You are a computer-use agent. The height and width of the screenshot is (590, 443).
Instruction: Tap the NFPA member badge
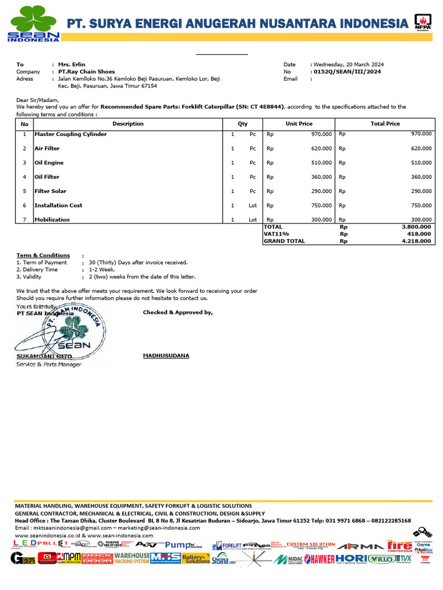click(422, 23)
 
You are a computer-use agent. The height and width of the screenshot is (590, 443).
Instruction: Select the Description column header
click(128, 124)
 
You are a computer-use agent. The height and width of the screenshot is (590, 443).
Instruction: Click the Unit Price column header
click(299, 124)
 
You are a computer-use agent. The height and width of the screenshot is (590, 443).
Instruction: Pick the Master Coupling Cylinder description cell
click(70, 134)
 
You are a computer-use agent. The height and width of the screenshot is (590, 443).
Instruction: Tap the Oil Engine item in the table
click(49, 162)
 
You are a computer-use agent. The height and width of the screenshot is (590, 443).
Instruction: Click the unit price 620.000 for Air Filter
click(321, 149)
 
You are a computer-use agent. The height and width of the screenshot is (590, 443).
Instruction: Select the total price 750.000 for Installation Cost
click(421, 206)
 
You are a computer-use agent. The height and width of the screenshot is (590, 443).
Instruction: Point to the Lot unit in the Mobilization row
click(253, 220)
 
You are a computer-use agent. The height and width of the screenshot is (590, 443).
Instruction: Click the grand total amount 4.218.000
click(416, 241)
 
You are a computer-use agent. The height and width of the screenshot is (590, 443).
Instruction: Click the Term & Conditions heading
click(43, 255)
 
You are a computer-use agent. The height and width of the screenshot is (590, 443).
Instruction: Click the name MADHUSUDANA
click(166, 355)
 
